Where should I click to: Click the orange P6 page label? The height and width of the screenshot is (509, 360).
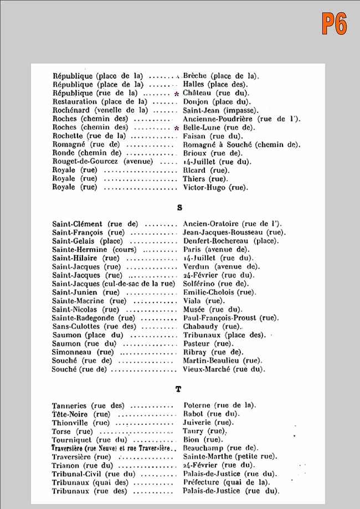tap(334, 24)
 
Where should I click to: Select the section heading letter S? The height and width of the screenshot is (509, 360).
tap(179, 208)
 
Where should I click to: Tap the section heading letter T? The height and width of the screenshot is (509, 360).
tap(178, 389)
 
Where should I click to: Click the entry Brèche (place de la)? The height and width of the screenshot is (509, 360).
tap(221, 76)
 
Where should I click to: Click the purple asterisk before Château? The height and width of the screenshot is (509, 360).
tap(176, 94)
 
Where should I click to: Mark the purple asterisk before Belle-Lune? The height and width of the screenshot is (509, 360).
tap(176, 128)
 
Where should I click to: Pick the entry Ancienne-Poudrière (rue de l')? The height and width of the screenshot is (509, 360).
tap(241, 119)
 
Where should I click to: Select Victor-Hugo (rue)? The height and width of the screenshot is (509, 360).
tap(215, 187)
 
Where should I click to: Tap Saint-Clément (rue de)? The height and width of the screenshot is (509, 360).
tap(95, 224)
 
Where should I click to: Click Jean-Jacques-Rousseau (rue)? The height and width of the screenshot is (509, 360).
tap(233, 233)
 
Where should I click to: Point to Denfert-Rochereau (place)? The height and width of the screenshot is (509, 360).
tap(230, 241)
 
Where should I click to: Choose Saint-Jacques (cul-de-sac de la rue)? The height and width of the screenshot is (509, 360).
tap(115, 284)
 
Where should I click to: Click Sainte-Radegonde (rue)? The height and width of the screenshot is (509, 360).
tap(94, 318)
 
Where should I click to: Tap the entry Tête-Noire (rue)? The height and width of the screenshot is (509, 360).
tap(81, 414)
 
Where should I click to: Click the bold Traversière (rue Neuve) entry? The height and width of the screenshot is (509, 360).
tap(114, 448)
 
